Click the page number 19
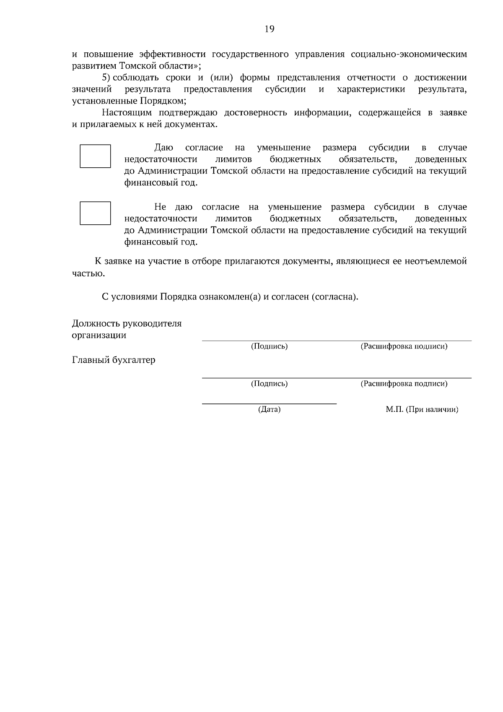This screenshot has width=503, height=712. click(269, 29)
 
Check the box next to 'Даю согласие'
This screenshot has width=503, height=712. click(95, 156)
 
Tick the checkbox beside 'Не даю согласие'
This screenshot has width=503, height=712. click(95, 213)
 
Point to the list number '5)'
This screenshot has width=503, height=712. click(106, 78)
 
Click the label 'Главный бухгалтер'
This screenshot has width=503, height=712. click(114, 360)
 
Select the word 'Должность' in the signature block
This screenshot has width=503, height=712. click(96, 323)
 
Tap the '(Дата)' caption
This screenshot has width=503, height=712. click(269, 410)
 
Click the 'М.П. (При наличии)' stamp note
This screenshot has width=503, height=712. click(422, 410)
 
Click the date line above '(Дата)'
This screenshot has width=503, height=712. click(269, 403)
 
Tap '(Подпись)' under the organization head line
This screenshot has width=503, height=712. click(269, 347)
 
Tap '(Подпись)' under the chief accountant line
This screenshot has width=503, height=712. click(269, 384)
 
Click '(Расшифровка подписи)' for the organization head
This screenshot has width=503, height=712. click(404, 347)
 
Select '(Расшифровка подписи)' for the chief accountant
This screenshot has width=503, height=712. click(404, 384)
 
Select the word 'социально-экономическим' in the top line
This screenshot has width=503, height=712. click(408, 55)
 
